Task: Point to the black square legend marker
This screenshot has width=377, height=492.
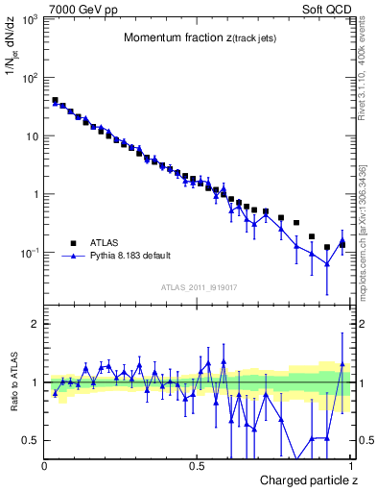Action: coord(72,243)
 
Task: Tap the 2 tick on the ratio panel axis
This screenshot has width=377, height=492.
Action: coord(35,324)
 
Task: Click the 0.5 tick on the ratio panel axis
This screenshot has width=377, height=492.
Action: coord(31,440)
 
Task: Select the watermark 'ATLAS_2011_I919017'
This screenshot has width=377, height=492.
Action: coord(199,287)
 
